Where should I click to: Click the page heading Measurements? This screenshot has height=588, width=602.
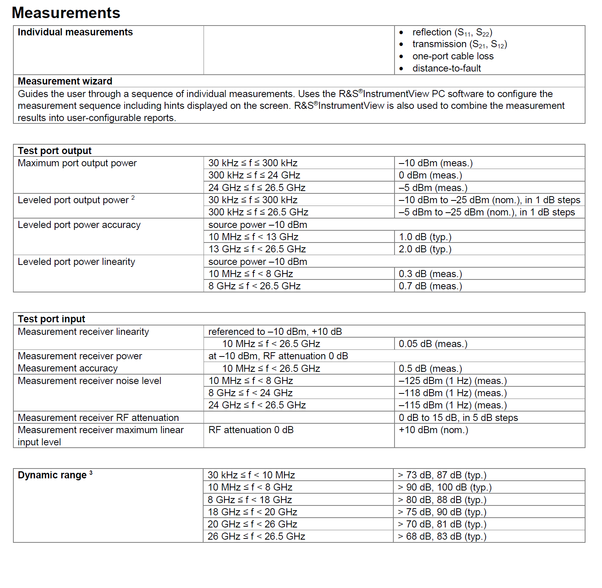[x=66, y=13]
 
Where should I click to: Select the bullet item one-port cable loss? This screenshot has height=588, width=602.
[x=453, y=56]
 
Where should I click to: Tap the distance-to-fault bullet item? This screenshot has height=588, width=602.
[x=446, y=68]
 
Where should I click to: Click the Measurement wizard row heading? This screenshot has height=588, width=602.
[x=65, y=81]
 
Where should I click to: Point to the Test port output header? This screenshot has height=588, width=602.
[x=55, y=151]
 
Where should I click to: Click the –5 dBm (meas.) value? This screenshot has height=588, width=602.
[x=433, y=188]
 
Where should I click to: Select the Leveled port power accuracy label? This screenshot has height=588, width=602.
[x=79, y=225]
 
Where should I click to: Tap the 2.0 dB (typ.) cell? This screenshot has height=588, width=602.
[x=425, y=249]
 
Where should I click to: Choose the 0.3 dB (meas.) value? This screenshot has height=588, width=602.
[x=430, y=274]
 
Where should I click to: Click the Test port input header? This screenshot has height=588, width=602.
[x=51, y=319]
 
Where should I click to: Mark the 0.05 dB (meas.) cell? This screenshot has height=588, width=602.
[x=433, y=344]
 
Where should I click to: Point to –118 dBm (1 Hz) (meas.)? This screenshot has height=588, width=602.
[x=453, y=393]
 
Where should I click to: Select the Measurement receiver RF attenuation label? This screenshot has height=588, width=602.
[x=98, y=418]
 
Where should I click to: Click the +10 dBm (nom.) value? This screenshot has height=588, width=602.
[x=433, y=430]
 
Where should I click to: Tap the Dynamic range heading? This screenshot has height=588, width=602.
[x=52, y=475]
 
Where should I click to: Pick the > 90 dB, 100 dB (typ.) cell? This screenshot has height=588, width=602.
[x=444, y=487]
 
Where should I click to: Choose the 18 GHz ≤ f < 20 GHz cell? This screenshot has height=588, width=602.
[x=252, y=512]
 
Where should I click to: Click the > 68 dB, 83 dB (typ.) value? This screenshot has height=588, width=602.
[x=442, y=537]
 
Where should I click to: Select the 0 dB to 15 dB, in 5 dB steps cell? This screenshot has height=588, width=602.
[x=458, y=418]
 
